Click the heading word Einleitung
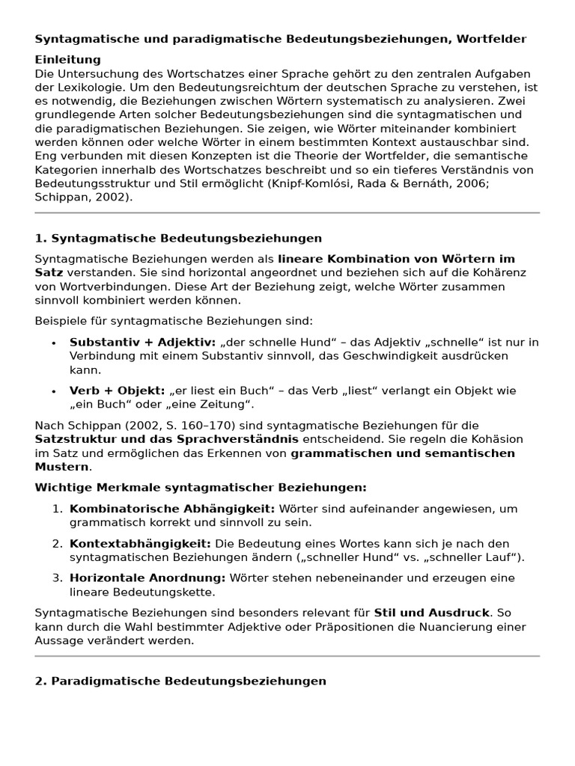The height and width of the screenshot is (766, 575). pos(67,60)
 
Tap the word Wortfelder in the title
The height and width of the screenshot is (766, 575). pos(494,39)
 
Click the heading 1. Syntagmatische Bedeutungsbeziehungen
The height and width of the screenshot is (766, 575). pos(178,239)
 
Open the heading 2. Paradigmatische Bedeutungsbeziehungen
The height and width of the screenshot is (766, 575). pos(180,681)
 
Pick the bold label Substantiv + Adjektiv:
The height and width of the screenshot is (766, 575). pos(142,343)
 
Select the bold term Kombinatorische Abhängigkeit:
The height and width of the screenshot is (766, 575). pos(172,509)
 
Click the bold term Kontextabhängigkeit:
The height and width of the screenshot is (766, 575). pos(140,544)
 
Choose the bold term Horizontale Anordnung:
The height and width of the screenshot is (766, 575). pos(147,578)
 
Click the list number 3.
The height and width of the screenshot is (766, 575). pos(57,578)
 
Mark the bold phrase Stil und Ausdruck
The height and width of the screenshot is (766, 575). pos(432,613)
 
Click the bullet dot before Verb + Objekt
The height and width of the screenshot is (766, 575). pos(53,391)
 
